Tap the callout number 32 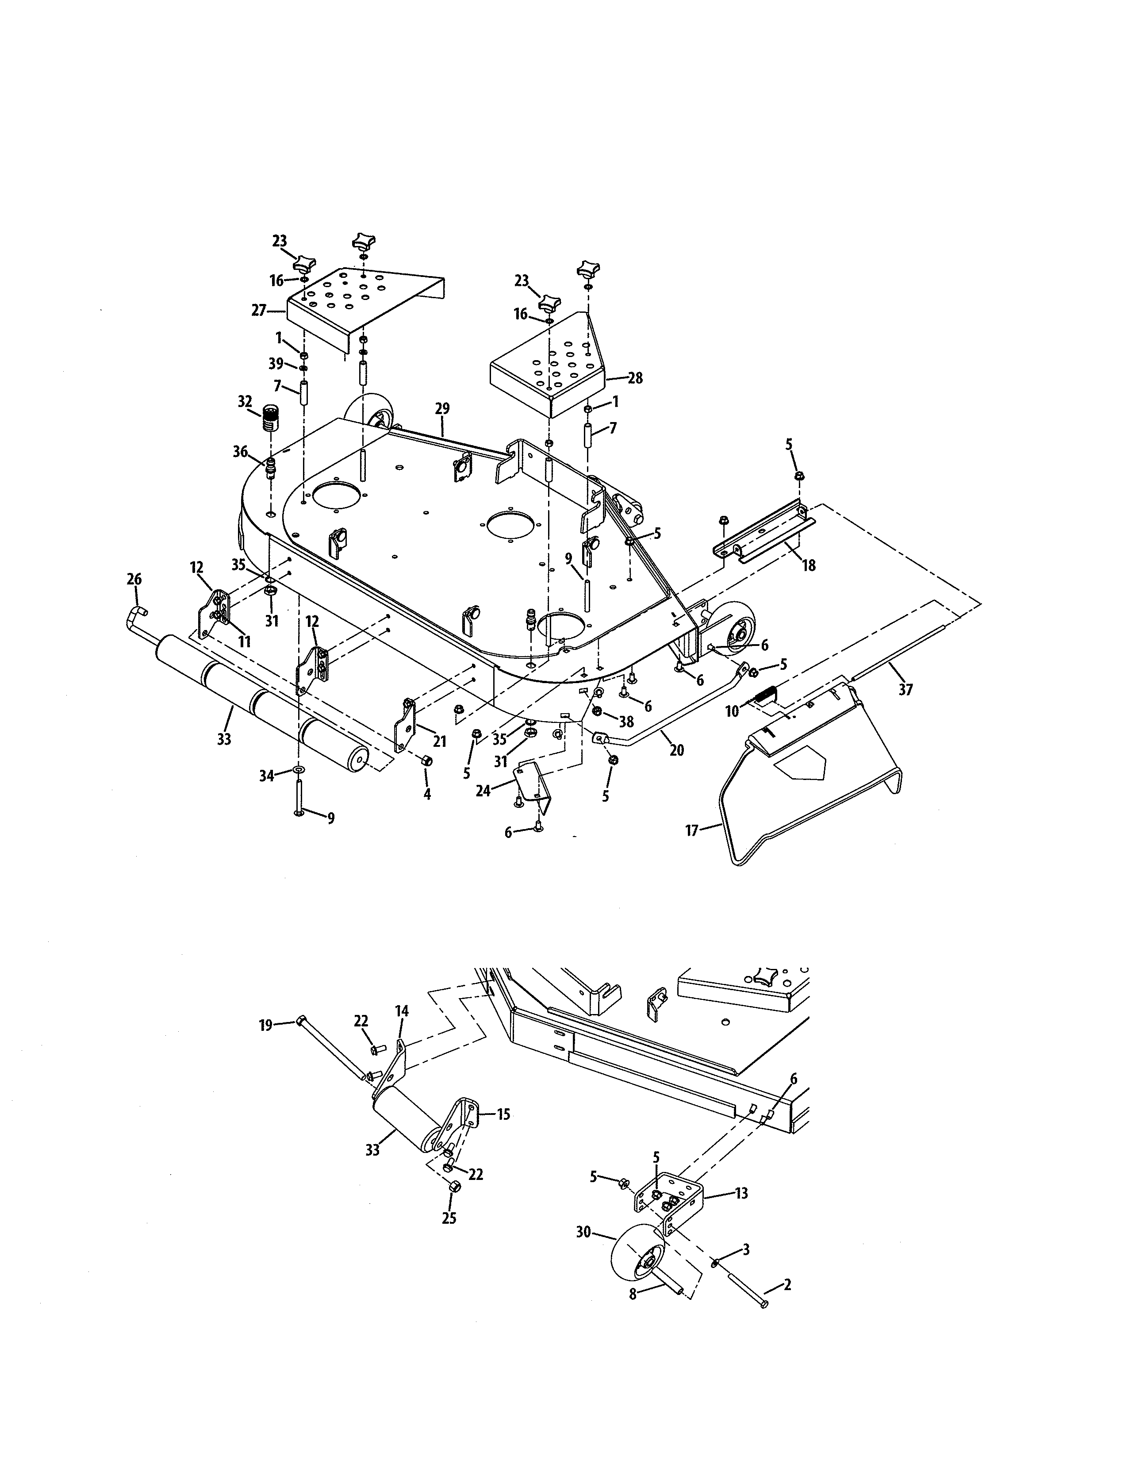[x=245, y=402]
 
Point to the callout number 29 [x=442, y=408]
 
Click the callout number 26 [x=134, y=579]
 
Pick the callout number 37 [x=905, y=689]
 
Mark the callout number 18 [x=809, y=565]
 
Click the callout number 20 [x=676, y=751]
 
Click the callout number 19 [x=266, y=1025]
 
